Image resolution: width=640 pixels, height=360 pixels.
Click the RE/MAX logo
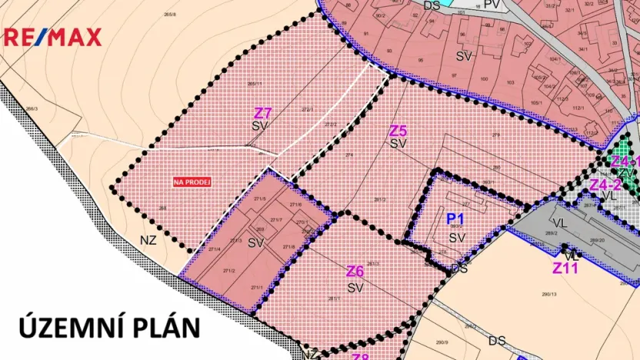[x=53, y=37]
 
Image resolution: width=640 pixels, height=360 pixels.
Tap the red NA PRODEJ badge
[x=192, y=182]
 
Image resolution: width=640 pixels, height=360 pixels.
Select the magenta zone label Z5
[x=398, y=131]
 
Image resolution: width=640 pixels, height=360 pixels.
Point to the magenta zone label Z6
[x=355, y=272]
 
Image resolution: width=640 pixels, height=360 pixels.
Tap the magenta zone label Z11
[x=565, y=268]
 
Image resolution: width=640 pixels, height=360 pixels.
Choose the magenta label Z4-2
[x=605, y=185]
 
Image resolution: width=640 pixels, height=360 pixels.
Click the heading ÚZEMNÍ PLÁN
[x=110, y=326]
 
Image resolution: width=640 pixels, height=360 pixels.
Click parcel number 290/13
[x=548, y=294]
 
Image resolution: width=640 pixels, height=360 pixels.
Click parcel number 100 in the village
[x=483, y=78]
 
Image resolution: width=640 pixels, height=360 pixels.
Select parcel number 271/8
[x=288, y=246]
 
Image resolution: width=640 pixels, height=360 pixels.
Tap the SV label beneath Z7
[x=259, y=125]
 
